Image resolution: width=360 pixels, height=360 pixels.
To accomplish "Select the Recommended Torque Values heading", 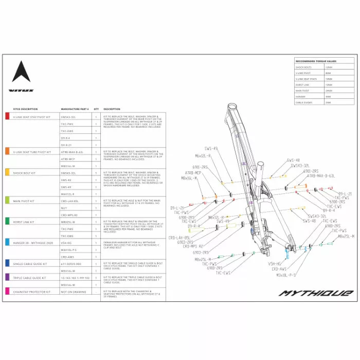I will coord(316,61).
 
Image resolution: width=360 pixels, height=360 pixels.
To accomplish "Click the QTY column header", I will coord(96,109).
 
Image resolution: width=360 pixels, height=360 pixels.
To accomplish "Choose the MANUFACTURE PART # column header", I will coord(75,109).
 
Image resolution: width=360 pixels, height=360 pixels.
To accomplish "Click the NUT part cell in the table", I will coord(64,208).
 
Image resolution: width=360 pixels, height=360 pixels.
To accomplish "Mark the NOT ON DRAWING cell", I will coord(71,292).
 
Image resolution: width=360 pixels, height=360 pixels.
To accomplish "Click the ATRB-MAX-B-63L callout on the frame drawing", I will coord(321,175).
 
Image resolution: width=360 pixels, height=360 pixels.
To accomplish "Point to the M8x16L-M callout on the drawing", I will coord(190,177).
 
